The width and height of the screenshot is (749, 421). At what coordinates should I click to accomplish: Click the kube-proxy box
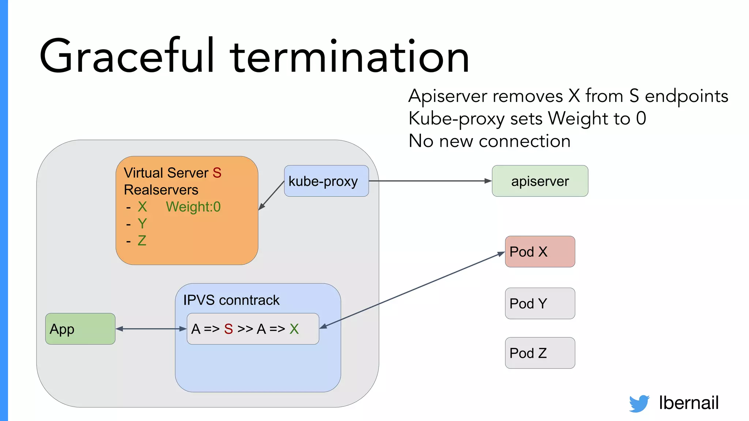pyautogui.click(x=326, y=181)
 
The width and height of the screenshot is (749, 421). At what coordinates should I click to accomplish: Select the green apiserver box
pyautogui.click(x=540, y=181)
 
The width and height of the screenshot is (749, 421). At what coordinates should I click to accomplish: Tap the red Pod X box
pyautogui.click(x=540, y=251)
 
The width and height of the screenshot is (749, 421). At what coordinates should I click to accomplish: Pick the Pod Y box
pyautogui.click(x=540, y=303)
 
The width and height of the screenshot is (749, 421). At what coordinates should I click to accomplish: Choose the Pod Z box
pyautogui.click(x=540, y=353)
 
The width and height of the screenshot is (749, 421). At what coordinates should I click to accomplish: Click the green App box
pyautogui.click(x=80, y=329)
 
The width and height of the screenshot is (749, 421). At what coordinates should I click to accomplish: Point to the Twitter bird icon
pyautogui.click(x=639, y=403)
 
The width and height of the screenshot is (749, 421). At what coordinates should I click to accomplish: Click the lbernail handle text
pyautogui.click(x=689, y=403)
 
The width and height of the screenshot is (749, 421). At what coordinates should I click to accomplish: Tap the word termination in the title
pyautogui.click(x=349, y=57)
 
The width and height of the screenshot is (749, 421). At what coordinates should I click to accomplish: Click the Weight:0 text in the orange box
pyautogui.click(x=193, y=207)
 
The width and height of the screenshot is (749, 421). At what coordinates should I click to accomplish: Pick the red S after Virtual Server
pyautogui.click(x=217, y=173)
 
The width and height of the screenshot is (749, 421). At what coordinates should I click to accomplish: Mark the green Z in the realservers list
pyautogui.click(x=142, y=241)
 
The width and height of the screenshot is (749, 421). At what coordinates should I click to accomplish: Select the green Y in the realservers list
pyautogui.click(x=142, y=224)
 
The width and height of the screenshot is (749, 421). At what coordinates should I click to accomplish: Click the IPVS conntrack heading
pyautogui.click(x=231, y=300)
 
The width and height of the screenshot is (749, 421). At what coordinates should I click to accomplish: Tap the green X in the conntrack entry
pyautogui.click(x=294, y=329)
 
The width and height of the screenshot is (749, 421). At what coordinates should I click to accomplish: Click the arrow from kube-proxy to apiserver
pyautogui.click(x=430, y=181)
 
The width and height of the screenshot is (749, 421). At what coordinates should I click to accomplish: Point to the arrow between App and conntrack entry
pyautogui.click(x=151, y=329)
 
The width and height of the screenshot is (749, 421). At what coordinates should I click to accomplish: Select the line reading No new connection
pyautogui.click(x=489, y=141)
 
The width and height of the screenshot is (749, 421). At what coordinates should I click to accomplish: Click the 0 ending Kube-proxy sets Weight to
pyautogui.click(x=641, y=118)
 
